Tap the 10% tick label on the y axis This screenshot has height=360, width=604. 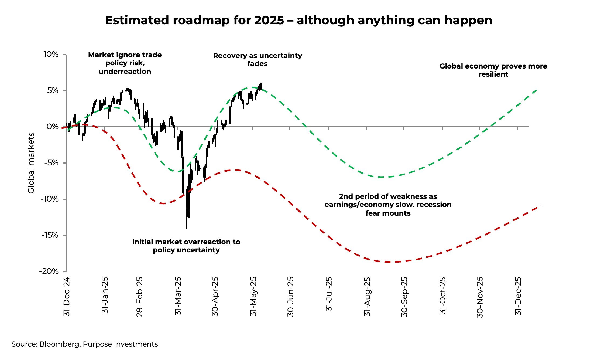pos(51,55)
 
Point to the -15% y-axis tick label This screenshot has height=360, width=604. pos(50,235)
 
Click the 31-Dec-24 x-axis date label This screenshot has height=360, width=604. pos(67,296)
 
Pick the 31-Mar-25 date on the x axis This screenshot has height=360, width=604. pos(178,296)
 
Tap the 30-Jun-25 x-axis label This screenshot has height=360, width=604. pos(290,297)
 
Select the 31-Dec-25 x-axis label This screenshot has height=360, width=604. pos(518,296)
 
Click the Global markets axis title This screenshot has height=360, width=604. pos(31,163)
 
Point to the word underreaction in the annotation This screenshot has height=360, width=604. pos(125,72)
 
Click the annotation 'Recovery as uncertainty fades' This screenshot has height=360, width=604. pos(258,60)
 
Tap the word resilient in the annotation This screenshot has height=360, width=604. pos(493,74)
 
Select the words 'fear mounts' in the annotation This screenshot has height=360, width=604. pos(388,213)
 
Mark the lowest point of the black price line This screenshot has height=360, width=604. pos(187,228)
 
